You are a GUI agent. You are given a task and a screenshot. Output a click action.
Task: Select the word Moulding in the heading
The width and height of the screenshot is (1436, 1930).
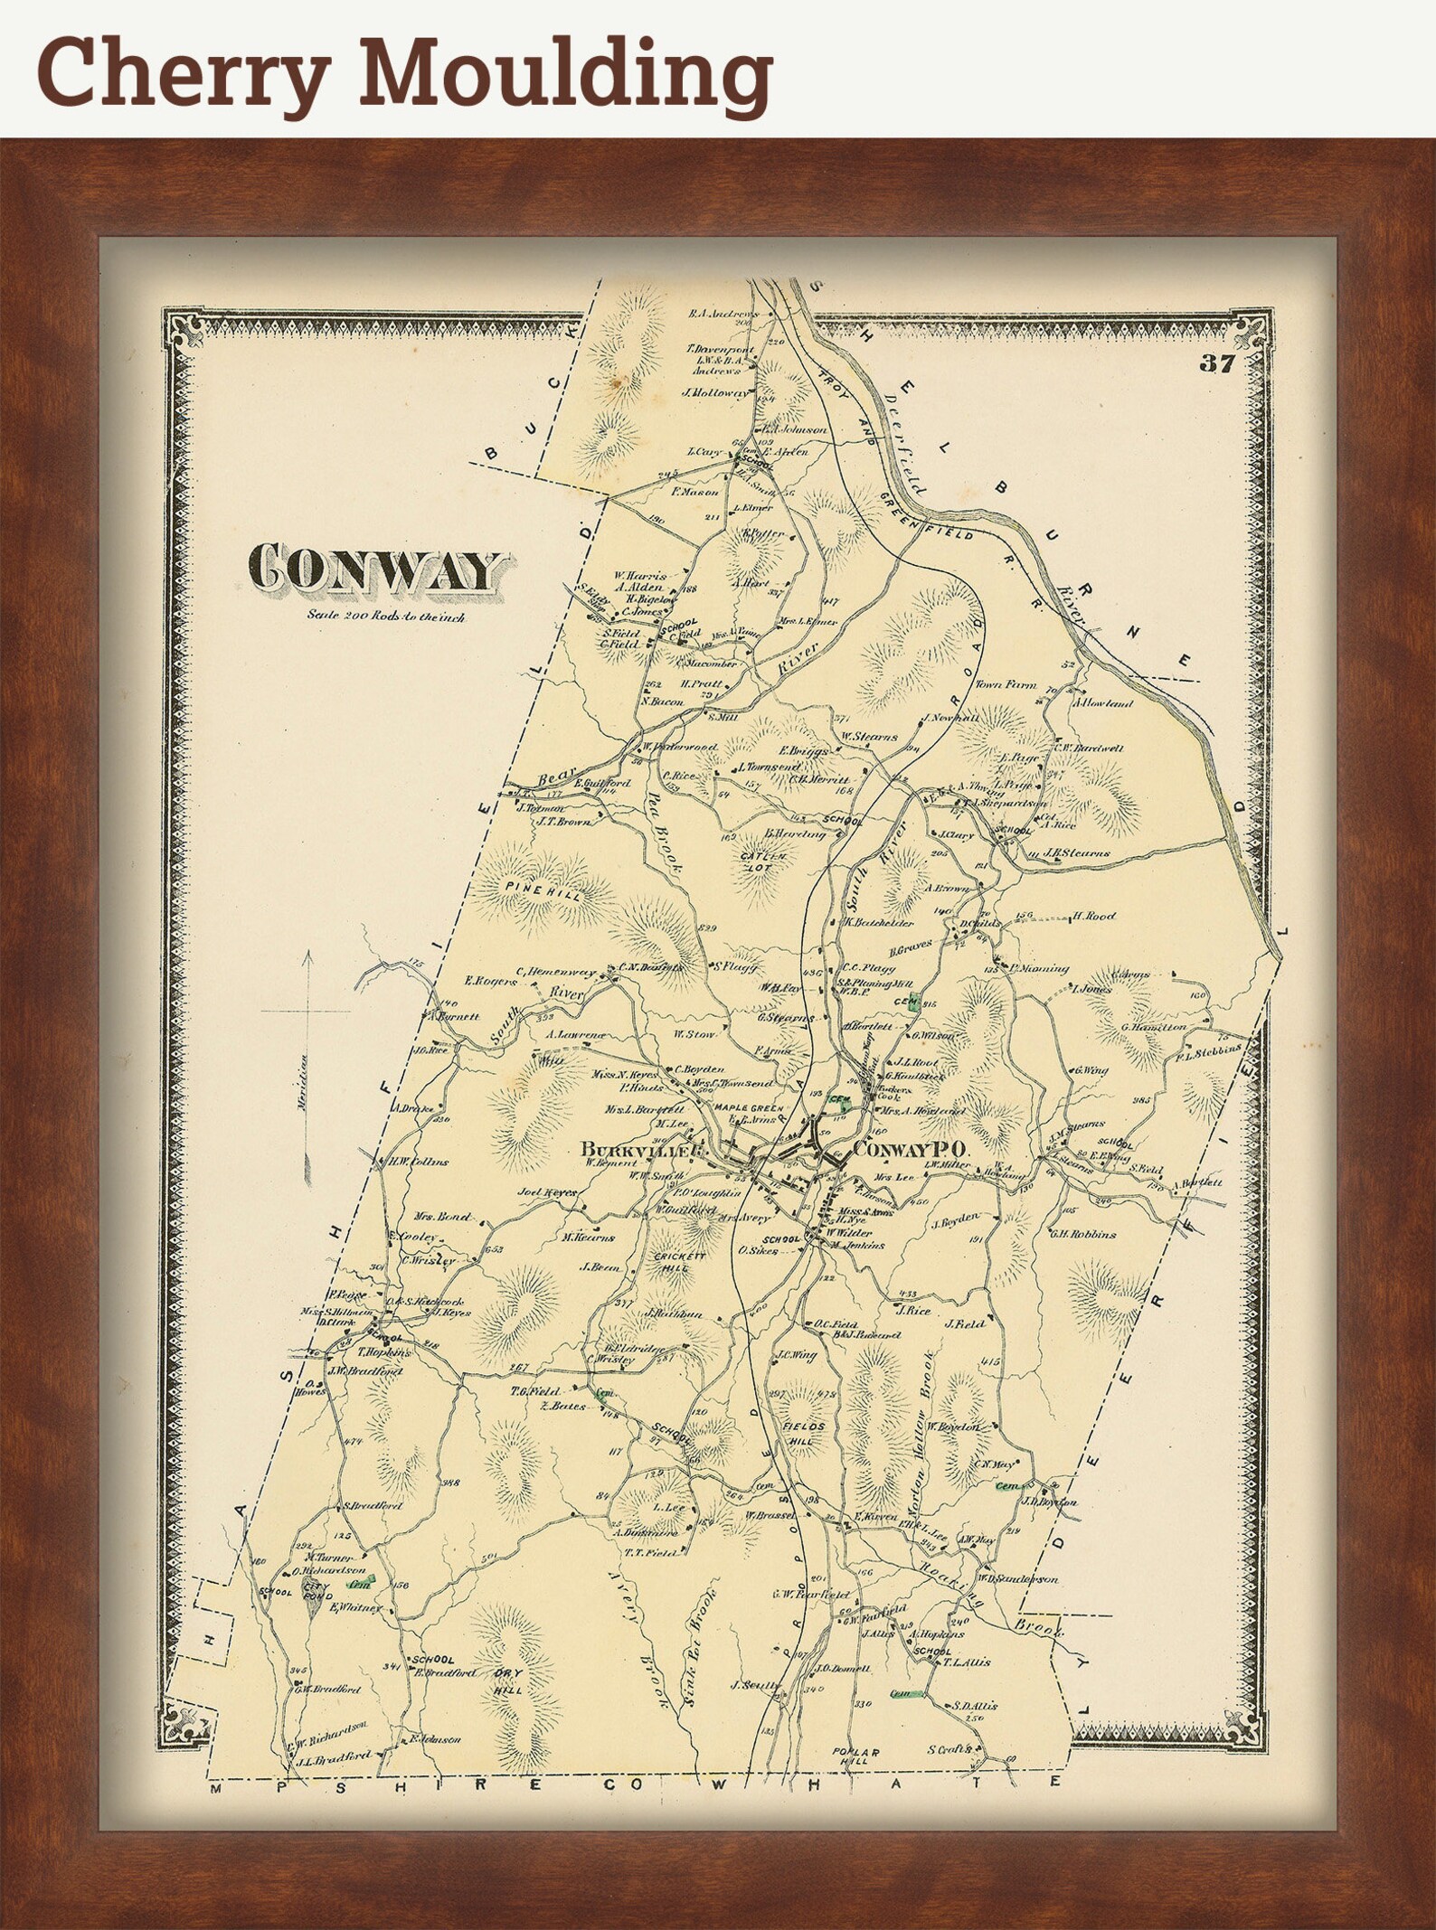pyautogui.click(x=572, y=74)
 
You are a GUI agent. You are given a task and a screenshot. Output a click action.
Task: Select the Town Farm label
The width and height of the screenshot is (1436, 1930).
pyautogui.click(x=1005, y=685)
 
